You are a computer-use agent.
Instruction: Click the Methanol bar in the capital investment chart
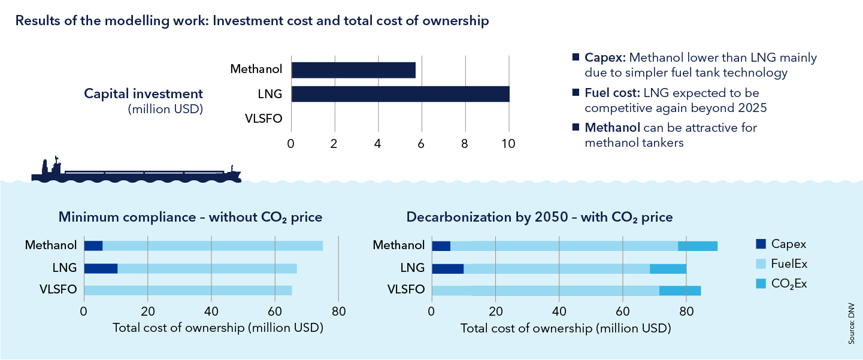click(x=353, y=70)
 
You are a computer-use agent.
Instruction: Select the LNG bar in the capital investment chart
click(x=400, y=94)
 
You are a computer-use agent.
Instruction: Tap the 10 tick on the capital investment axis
click(x=508, y=144)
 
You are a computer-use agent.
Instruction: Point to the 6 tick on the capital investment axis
click(x=422, y=144)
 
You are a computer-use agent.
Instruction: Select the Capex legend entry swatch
click(x=761, y=244)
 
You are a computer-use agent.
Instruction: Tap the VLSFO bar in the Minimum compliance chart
click(x=188, y=291)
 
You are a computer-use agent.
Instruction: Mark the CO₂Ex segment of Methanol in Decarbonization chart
click(x=698, y=246)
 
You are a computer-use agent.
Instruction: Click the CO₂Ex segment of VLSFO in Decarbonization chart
click(x=680, y=291)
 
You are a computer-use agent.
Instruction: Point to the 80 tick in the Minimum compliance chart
click(x=338, y=311)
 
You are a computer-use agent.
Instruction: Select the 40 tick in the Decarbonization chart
click(x=559, y=311)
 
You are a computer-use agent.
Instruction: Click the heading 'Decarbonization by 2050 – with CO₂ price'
click(x=540, y=217)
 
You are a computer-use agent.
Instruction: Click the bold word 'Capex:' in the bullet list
click(x=605, y=58)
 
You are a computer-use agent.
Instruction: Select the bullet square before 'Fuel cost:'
click(x=576, y=93)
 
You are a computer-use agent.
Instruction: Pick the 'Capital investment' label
click(x=143, y=94)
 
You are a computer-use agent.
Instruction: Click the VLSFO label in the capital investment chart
click(x=264, y=118)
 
